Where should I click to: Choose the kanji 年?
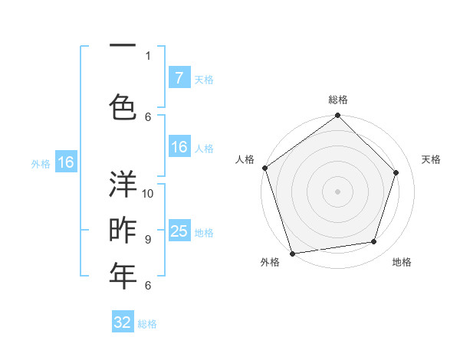[x=123, y=277]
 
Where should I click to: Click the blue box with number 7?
[x=179, y=78]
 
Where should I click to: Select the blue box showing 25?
[x=179, y=231]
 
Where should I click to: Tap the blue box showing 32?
[x=123, y=322]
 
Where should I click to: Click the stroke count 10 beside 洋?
[x=148, y=193]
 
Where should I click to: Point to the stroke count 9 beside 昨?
[x=147, y=239]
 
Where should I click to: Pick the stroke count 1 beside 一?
[x=147, y=55]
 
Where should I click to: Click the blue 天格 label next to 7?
[x=203, y=79]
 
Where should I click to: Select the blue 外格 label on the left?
[x=41, y=163]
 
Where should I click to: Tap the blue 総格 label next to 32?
[x=147, y=323]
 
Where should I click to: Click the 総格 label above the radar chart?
[x=338, y=100]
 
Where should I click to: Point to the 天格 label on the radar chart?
[x=432, y=159]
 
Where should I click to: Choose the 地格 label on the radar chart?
[x=402, y=262]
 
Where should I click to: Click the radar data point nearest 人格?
[x=265, y=168]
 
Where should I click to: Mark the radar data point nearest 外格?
[x=292, y=252]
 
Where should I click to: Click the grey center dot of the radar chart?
[x=338, y=191]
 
